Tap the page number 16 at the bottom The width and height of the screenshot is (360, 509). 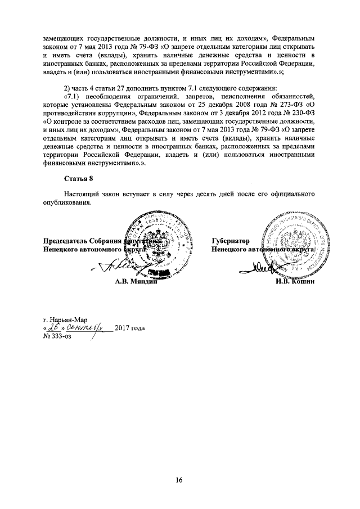click(x=179, y=479)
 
